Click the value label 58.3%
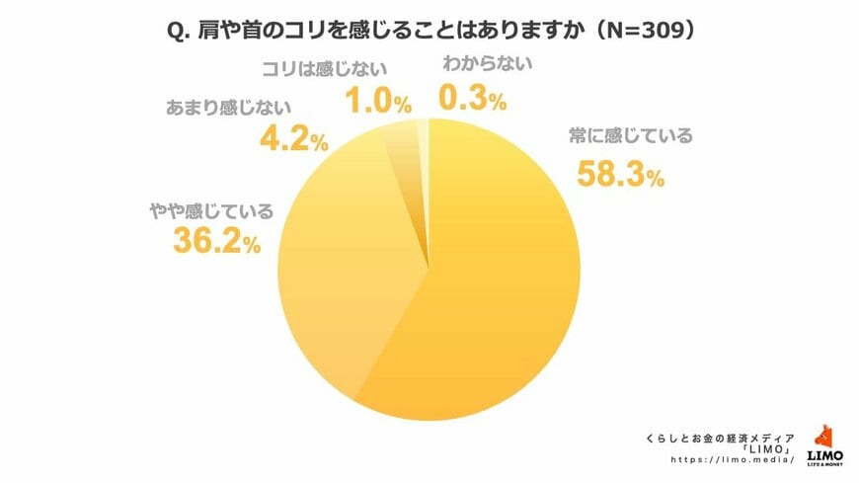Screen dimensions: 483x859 point(618,173)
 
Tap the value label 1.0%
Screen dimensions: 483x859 point(376,101)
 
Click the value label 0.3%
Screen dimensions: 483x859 point(471,98)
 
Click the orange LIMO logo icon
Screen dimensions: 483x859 point(824,436)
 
